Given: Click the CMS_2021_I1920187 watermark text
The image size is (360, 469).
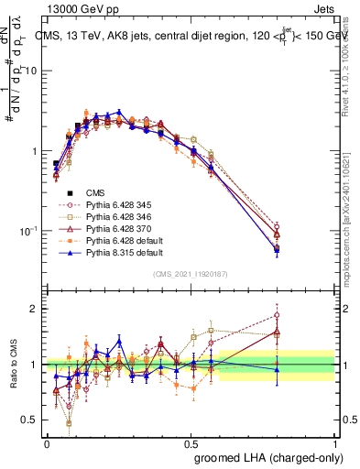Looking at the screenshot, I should click(x=190, y=274).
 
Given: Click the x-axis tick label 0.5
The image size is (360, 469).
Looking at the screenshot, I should click(x=191, y=442).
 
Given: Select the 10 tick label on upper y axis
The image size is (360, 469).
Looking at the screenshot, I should click(x=33, y=71).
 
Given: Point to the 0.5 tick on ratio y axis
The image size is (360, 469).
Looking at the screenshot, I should click(x=33, y=420).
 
